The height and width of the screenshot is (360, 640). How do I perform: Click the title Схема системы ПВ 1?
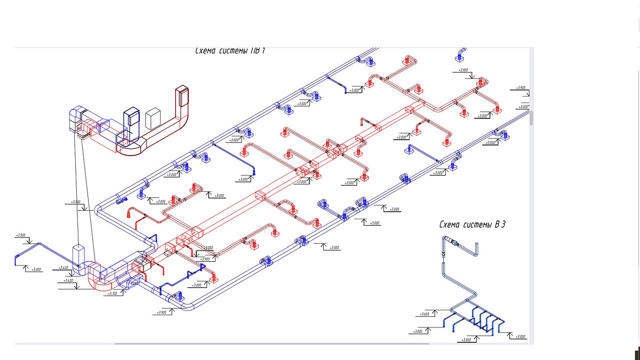click(230, 51)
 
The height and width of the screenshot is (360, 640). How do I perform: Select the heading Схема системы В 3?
click(472, 225)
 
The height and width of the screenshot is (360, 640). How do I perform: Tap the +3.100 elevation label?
click(112, 293)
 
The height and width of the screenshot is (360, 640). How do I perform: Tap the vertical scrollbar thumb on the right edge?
click(531, 118)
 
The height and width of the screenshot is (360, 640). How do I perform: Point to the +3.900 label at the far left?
click(21, 235)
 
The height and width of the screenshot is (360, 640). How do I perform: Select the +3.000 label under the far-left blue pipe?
click(36, 269)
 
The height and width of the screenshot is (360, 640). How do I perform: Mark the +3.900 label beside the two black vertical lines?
click(75, 202)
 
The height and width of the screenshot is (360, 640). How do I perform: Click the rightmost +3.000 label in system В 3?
click(520, 337)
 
